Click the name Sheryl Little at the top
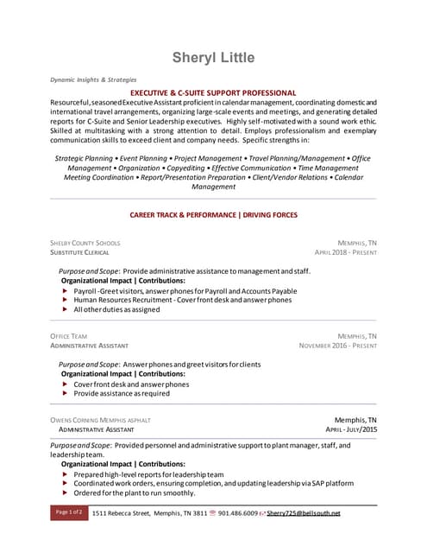point(213,58)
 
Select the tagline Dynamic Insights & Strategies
point(92,79)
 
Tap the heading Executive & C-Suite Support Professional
point(213,92)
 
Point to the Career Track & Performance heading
point(213,214)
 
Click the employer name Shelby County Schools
point(85,244)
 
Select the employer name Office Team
point(69,335)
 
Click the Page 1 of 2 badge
point(69,512)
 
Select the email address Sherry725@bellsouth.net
point(304,513)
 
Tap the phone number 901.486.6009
point(238,513)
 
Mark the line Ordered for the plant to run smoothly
point(135,493)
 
